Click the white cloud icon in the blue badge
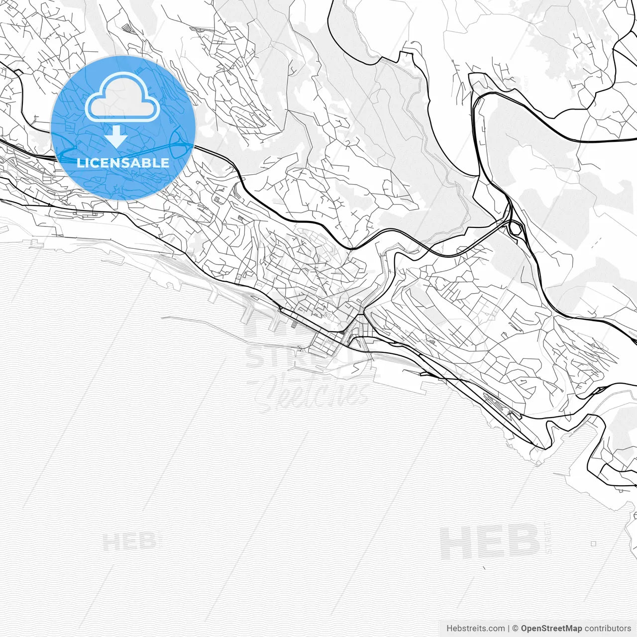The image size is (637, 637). tap(122, 100)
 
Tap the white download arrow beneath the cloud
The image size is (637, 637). tap(116, 136)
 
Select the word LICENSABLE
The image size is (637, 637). tap(123, 163)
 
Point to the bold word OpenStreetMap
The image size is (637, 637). tap(551, 628)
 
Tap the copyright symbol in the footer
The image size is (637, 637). tap(516, 628)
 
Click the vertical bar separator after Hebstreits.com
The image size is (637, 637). tap(509, 628)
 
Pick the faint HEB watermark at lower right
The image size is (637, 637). tap(490, 542)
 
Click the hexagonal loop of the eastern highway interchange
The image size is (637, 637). tap(516, 229)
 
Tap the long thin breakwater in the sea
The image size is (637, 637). tap(199, 318)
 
